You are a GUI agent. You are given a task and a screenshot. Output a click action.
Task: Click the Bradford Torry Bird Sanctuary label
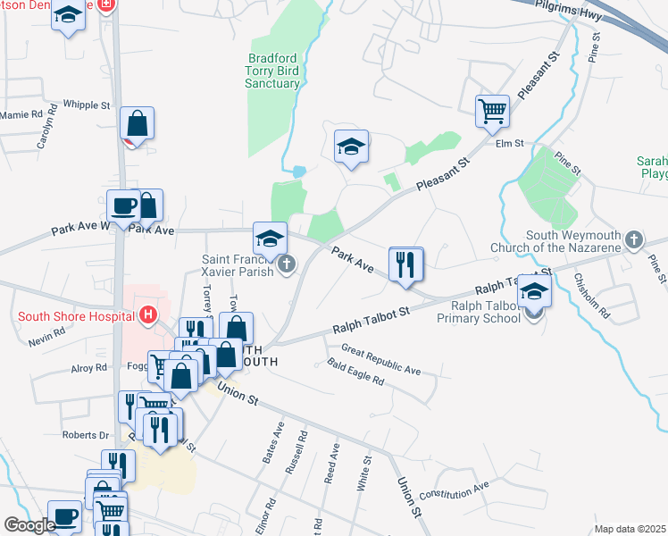pos(272,71)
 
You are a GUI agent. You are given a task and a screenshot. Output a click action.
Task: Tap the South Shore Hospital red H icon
pos(148,314)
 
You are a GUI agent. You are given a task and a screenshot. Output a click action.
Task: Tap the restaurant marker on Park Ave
pos(406,264)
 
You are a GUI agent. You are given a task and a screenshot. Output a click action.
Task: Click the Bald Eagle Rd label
pos(355,372)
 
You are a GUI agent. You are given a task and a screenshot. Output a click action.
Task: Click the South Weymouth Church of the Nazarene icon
pos(633,239)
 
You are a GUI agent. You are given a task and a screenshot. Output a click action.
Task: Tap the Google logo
pos(29,525)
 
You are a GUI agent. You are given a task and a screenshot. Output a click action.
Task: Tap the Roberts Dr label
pos(85,435)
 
